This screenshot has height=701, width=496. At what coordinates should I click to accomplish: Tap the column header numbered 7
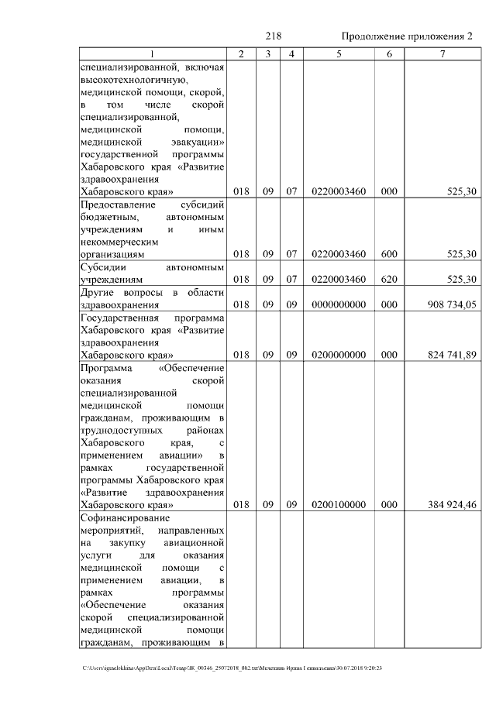(x=443, y=54)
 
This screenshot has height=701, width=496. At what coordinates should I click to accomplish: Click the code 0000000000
(x=338, y=304)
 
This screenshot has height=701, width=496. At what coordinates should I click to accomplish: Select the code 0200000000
(x=338, y=355)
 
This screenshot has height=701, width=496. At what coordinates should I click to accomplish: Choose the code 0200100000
(x=338, y=505)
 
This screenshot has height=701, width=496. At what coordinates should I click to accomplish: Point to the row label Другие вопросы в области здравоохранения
(x=152, y=298)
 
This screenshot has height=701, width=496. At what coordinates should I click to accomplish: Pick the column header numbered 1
(x=152, y=54)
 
